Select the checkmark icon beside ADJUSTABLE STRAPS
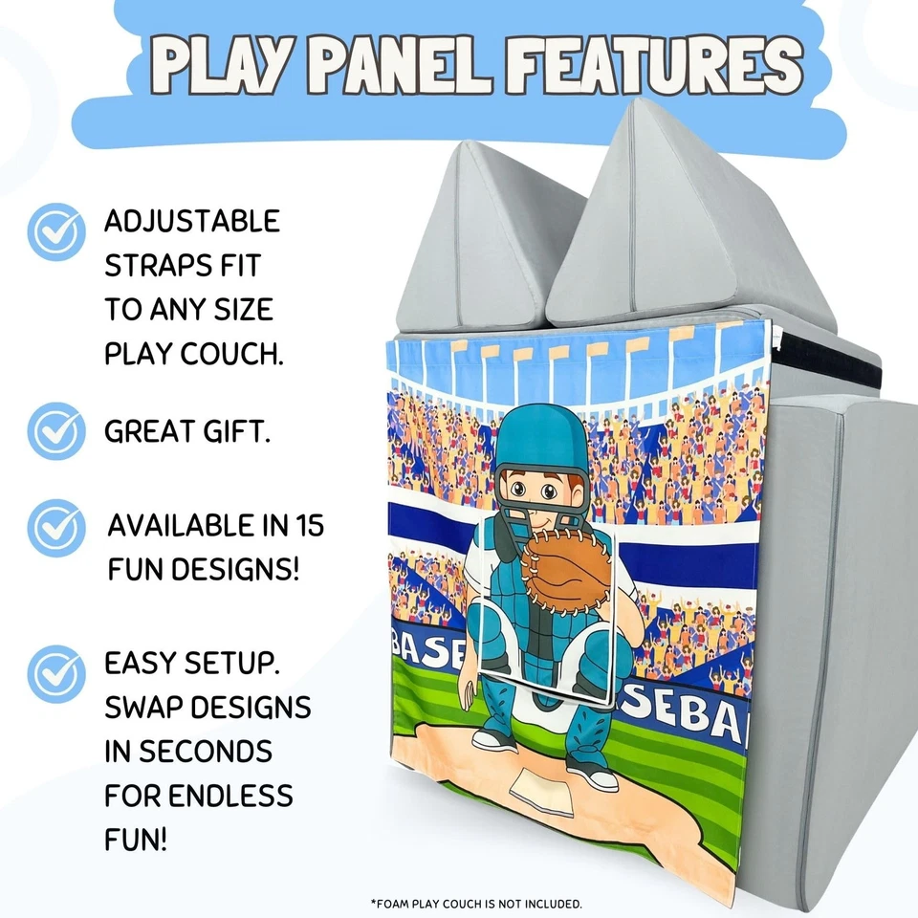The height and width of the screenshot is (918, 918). (55, 231)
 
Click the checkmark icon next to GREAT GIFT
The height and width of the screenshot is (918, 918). (55, 431)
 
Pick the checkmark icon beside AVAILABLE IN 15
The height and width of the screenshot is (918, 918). (55, 527)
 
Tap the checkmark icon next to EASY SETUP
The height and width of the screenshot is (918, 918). (55, 673)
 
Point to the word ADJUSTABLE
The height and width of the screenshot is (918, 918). (192, 221)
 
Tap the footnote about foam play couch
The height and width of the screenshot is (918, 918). (475, 903)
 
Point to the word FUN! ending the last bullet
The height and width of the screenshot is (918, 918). (136, 841)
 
